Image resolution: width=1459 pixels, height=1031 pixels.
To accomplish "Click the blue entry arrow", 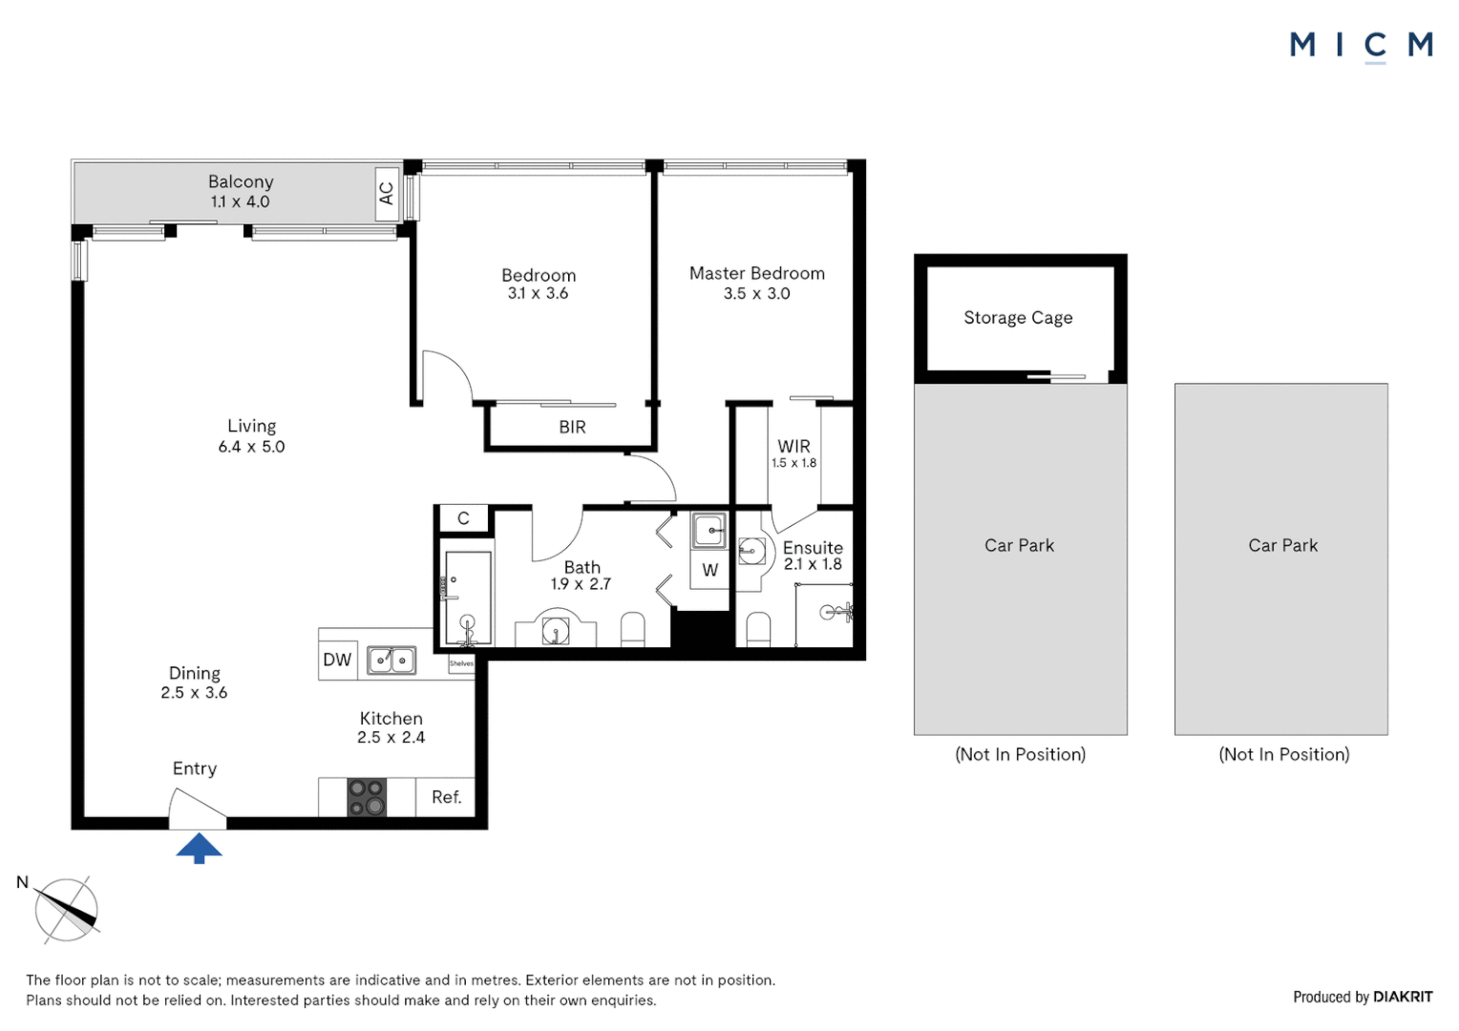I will (199, 848).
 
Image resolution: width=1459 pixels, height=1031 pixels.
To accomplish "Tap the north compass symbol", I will (66, 910).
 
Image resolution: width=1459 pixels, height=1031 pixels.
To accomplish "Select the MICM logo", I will (1361, 45).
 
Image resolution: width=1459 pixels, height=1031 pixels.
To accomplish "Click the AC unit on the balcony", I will (387, 194).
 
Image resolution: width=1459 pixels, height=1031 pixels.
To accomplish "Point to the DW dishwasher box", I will (337, 660).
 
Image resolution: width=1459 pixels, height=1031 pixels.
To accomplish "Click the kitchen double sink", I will (391, 660).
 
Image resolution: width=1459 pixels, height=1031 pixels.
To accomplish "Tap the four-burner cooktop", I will (367, 798).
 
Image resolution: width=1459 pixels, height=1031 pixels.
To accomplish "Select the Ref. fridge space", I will (446, 797).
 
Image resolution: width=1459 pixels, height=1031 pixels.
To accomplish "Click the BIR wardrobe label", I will (572, 428).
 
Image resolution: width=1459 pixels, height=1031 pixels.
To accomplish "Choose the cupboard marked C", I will (463, 518).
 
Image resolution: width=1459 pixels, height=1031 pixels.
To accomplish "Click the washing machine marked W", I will (709, 570).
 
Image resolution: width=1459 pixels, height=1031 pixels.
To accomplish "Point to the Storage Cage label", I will (1018, 318).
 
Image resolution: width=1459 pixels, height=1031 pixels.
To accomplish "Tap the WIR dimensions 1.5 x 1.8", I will (793, 463).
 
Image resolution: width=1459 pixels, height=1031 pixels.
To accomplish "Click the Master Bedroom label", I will (756, 273).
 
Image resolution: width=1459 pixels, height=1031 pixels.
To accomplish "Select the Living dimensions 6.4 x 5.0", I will (251, 447).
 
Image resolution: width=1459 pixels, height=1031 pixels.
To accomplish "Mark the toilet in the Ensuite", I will (758, 630).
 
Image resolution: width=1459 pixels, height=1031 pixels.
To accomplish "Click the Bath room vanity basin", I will (556, 631).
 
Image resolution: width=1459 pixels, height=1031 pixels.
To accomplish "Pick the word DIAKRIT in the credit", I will (1403, 997).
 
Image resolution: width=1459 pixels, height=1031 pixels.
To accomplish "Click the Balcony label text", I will (241, 181).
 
